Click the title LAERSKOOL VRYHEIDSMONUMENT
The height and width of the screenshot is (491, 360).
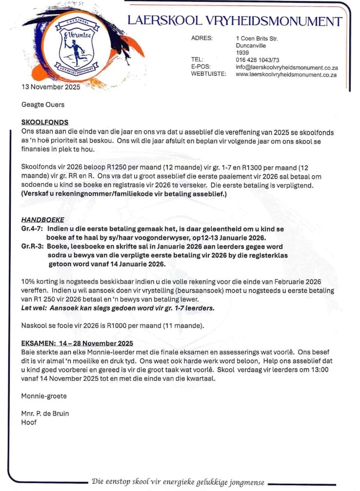coord(235,21)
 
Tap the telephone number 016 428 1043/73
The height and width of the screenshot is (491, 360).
coord(258,59)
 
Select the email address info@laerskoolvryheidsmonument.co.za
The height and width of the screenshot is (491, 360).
coord(287,67)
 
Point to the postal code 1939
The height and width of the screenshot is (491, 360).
coord(242,52)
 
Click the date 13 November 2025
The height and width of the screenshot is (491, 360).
coord(51,87)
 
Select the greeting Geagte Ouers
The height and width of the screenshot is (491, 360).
coord(43,104)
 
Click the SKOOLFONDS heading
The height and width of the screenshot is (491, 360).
coord(45,122)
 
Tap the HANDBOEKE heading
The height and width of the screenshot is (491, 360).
coord(42,219)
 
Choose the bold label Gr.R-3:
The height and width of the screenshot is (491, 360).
coord(33,247)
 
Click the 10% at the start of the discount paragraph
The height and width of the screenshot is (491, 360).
coord(28,282)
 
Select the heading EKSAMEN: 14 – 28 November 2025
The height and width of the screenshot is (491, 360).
coord(77,343)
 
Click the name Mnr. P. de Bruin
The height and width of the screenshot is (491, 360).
coord(45,413)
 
